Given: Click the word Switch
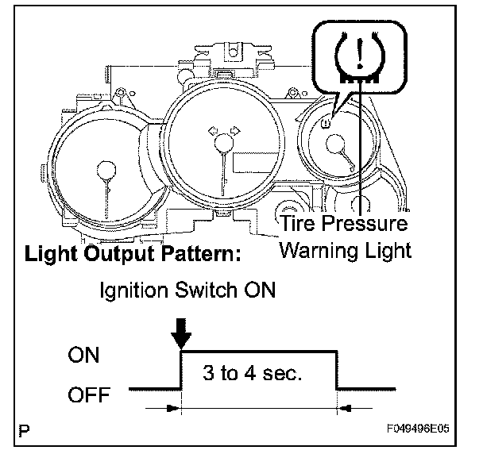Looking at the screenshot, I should coord(205,290).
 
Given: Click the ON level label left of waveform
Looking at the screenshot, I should coord(83,356).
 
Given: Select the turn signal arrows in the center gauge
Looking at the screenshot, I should coord(222,129).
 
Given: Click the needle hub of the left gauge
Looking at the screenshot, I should coord(105,169).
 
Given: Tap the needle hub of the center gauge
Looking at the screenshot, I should coord(223,144).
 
